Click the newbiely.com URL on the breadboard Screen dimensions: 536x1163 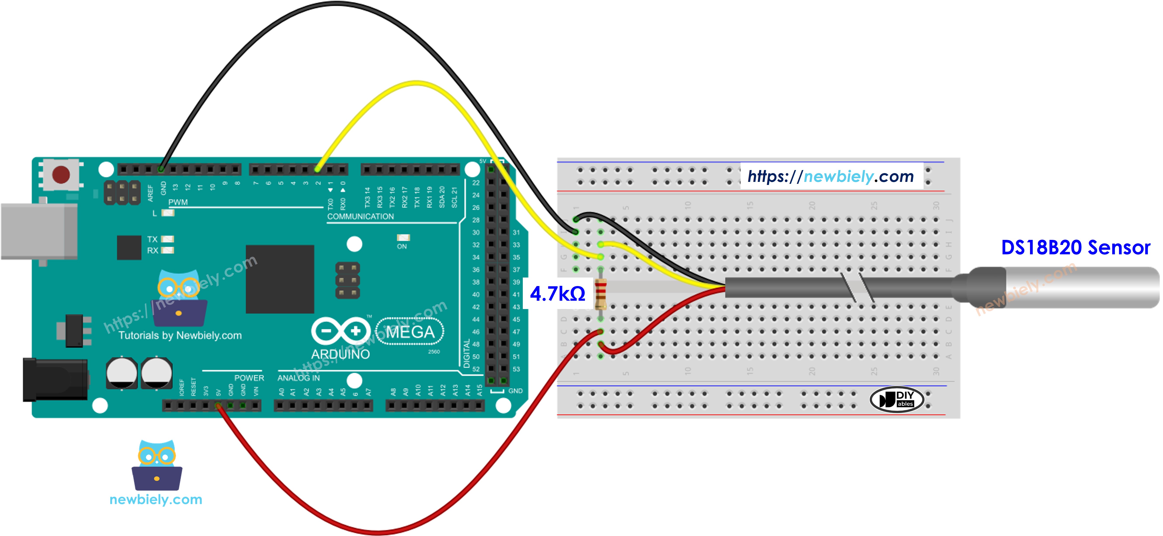click(831, 176)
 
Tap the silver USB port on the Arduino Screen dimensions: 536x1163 click(38, 231)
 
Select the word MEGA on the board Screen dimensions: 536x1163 click(410, 332)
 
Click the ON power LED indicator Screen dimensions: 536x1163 click(403, 238)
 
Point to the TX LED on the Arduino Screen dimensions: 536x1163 click(167, 239)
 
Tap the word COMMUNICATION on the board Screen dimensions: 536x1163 click(360, 216)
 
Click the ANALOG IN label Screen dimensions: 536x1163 click(298, 378)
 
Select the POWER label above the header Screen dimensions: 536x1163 click(249, 378)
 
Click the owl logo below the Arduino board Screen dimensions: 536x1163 click(157, 466)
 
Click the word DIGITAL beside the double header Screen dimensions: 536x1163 click(466, 354)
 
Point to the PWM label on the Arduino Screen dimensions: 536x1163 click(178, 202)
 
